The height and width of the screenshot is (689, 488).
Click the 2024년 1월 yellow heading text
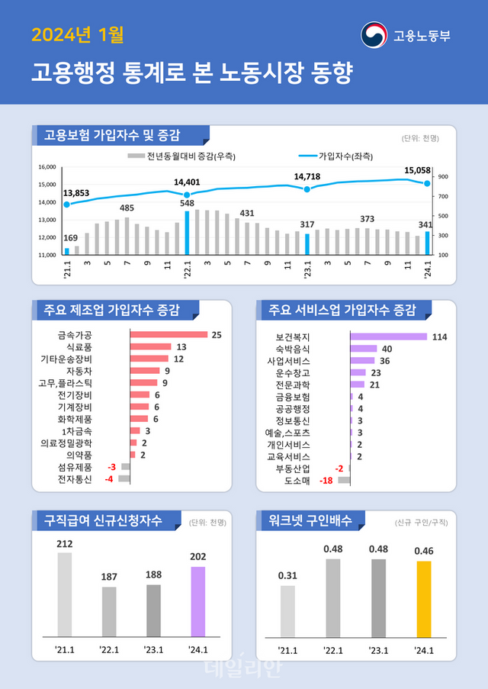point(77,35)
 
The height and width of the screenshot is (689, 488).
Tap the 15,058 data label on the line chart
point(418,170)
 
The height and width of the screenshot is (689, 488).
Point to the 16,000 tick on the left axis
point(47,167)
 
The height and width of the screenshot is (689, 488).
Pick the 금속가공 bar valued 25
point(169,334)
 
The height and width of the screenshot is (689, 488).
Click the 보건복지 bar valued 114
point(388,336)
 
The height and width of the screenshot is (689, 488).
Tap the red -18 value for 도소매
point(326,481)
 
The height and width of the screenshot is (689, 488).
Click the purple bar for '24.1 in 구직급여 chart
point(197,601)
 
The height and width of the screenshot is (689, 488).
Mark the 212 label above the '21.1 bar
point(65,543)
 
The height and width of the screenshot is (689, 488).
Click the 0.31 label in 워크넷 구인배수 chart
point(287,575)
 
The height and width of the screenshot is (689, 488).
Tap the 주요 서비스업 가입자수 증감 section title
point(339,311)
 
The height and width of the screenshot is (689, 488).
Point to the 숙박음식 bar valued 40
point(364,349)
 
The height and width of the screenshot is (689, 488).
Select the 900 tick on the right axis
point(442,177)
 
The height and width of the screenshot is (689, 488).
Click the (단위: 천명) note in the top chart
point(419,138)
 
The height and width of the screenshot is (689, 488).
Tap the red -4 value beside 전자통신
point(110,479)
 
